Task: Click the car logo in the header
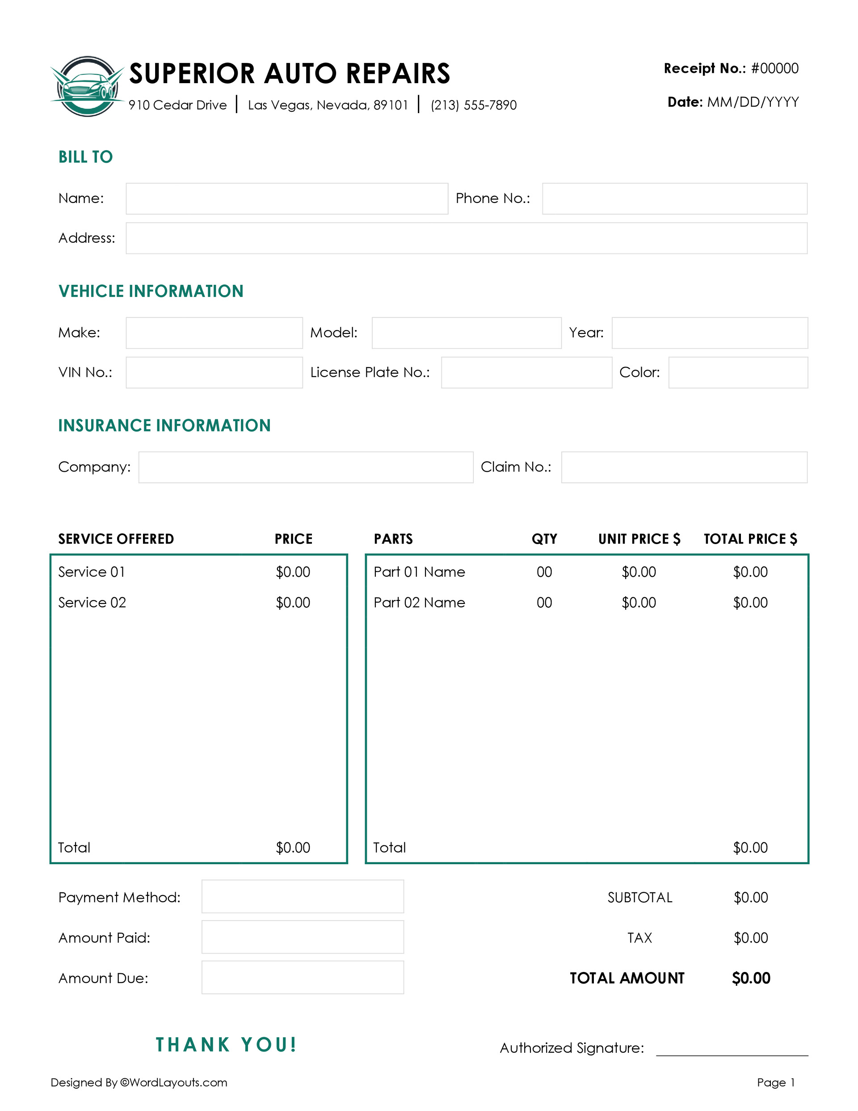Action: pos(88,86)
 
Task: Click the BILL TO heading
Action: pos(85,156)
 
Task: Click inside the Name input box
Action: pos(287,199)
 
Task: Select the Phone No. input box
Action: pos(674,199)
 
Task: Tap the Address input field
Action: pos(466,238)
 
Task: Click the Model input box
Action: pos(466,333)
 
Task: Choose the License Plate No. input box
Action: pos(526,373)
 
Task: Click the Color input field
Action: pos(737,373)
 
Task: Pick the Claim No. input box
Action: pos(684,468)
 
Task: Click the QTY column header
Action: pos(544,539)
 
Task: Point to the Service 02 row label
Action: pos(92,603)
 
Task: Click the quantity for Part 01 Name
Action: pos(544,572)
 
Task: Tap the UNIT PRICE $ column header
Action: pos(639,539)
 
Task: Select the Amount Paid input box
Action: pos(303,937)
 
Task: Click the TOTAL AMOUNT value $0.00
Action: pos(751,978)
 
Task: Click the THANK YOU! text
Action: pos(226,1045)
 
